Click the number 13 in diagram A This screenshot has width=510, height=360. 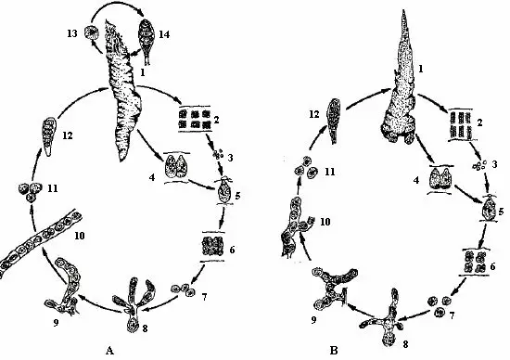pyautogui.click(x=71, y=33)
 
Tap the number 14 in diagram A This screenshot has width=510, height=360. pyautogui.click(x=164, y=33)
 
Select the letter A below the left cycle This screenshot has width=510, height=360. pyautogui.click(x=109, y=351)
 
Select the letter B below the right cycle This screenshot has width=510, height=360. pyautogui.click(x=334, y=351)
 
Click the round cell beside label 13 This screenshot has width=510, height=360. pyautogui.click(x=91, y=32)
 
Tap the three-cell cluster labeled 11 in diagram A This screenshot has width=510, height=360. pyautogui.click(x=30, y=191)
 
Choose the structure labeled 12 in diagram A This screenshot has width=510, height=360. pyautogui.click(x=49, y=136)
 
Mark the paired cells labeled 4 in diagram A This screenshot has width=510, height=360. pyautogui.click(x=176, y=166)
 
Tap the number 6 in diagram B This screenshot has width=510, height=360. pyautogui.click(x=492, y=267)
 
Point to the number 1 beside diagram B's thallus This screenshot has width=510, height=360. pyautogui.click(x=421, y=69)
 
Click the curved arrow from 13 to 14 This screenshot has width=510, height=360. pyautogui.click(x=117, y=7)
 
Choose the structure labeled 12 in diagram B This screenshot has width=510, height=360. pyautogui.click(x=334, y=122)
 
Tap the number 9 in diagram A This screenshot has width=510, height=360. pyautogui.click(x=56, y=323)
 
